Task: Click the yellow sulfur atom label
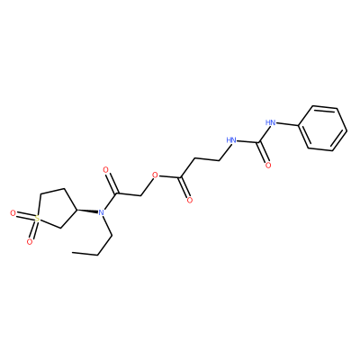pos(37,219)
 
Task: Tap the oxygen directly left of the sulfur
pos(13,213)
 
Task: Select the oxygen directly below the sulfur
pos(30,241)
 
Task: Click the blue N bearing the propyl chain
pos(101,212)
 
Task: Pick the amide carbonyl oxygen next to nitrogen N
pos(105,170)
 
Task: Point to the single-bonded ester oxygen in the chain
pos(155,175)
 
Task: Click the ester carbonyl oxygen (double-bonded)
pos(189,200)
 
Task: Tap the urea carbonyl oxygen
pos(268,165)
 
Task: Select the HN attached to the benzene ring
pos(271,122)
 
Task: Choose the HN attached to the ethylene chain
pos(231,139)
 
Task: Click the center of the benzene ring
pos(323,128)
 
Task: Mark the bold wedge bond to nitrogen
pos(87,211)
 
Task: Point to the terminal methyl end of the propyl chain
pos(73,253)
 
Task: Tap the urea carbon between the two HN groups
pos(257,143)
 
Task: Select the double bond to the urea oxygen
pos(262,153)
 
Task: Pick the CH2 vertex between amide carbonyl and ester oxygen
pos(141,195)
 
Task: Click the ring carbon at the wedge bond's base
pos(76,209)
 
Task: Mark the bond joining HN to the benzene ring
pos(288,124)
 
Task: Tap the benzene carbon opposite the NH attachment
pos(346,130)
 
